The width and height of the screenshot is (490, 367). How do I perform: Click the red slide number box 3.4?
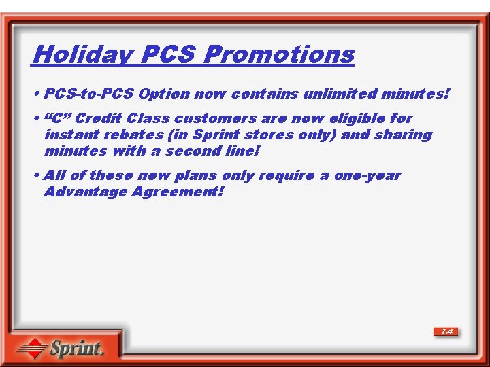click(446, 332)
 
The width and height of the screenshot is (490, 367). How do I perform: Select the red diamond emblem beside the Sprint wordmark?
click(31, 349)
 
